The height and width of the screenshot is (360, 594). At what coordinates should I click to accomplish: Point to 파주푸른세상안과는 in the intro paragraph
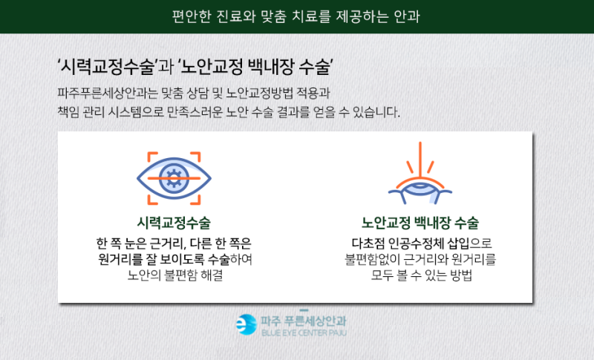pos(107,93)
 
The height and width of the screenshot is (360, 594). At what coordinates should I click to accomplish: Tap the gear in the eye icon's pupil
pos(174,178)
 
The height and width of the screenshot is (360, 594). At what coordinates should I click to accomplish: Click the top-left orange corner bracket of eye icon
pos(152,157)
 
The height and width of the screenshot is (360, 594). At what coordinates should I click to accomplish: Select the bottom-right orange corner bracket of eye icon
pos(195,200)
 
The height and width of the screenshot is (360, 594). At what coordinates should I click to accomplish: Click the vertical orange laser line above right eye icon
pos(420,159)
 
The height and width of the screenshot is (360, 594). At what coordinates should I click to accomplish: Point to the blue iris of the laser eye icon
pos(420,186)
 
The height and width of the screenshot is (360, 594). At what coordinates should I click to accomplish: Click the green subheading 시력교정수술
pos(174,223)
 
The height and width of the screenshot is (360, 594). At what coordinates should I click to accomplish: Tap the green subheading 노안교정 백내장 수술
pos(420,223)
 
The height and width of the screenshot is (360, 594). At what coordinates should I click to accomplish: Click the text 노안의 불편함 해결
pos(174,275)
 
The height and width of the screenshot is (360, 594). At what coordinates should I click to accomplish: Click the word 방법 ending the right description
pos(461,275)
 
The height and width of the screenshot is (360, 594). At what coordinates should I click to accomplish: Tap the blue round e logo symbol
pos(247,325)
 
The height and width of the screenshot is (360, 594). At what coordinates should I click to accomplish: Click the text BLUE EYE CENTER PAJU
pos(304,333)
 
